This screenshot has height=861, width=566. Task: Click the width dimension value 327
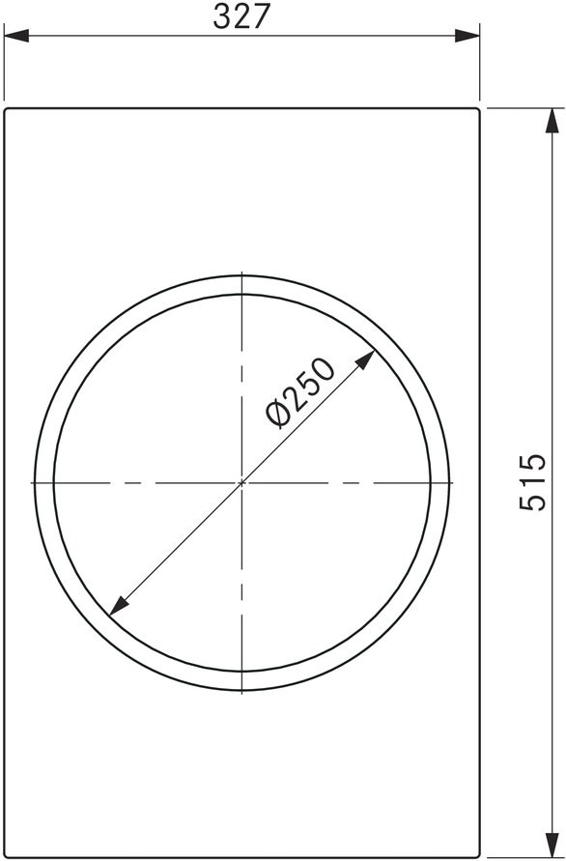tap(241, 16)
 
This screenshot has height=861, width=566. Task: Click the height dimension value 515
tap(532, 482)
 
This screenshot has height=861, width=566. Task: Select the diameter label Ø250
tap(299, 392)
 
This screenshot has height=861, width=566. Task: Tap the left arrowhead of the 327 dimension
tap(16, 37)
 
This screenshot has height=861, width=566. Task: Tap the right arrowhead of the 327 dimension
tap(467, 37)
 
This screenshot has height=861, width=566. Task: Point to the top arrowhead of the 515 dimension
tap(552, 120)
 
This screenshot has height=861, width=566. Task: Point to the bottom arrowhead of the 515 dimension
tap(552, 846)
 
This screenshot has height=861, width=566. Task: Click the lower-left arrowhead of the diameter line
tap(119, 606)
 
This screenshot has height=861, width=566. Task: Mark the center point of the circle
tap(242, 482)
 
